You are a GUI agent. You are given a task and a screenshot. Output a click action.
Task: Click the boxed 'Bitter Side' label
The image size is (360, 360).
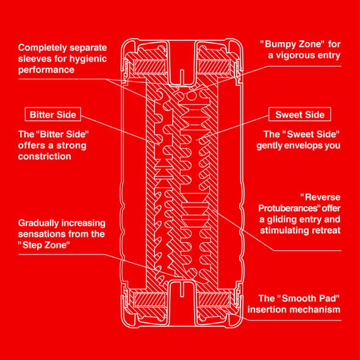[53, 114]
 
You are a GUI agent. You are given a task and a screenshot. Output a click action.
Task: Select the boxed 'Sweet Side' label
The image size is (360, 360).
[300, 114]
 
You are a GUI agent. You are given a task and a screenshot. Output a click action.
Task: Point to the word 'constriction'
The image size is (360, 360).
[45, 156]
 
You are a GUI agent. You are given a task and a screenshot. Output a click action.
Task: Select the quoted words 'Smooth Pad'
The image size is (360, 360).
[308, 298]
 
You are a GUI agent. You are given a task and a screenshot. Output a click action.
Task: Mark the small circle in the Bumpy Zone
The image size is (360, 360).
[191, 96]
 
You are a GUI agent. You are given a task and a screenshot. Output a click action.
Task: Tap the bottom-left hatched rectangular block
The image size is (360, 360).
[149, 300]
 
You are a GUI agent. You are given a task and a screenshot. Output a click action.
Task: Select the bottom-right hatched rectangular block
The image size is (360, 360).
[214, 300]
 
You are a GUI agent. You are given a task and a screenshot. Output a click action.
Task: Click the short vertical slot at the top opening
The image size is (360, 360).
[182, 77]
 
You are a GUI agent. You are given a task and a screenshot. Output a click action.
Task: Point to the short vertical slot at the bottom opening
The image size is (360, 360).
[182, 289]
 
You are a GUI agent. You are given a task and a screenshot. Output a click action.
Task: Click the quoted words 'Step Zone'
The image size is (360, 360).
[44, 245]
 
